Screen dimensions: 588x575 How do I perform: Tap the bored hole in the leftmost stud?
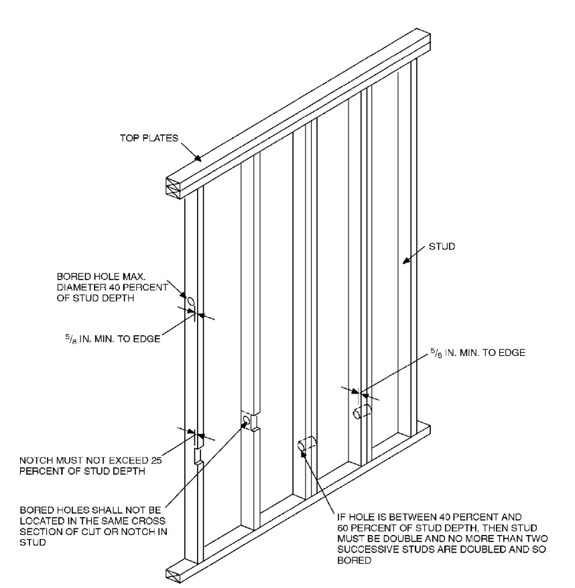(190, 303)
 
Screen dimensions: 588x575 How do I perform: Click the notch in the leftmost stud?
(198, 457)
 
